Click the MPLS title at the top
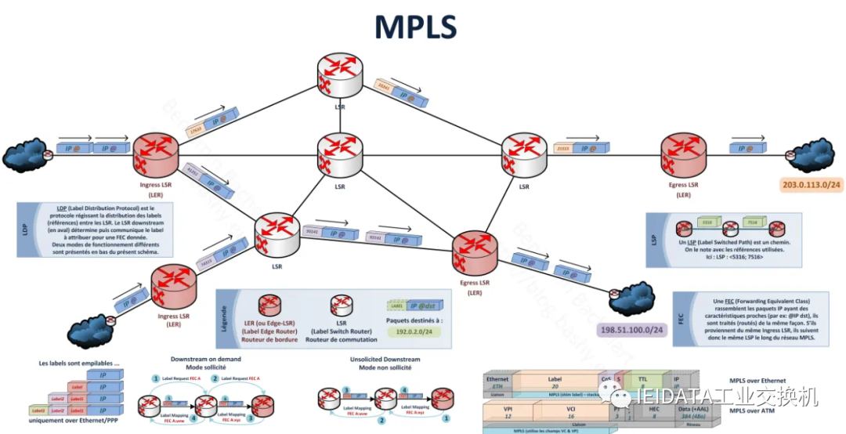[x=415, y=27]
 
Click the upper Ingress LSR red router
[x=157, y=154]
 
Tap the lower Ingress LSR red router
[x=173, y=288]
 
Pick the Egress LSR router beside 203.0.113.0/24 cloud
[x=682, y=154]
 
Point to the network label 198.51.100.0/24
[x=631, y=331]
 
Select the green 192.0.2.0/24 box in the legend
[x=414, y=331]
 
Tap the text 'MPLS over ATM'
[x=758, y=410]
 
